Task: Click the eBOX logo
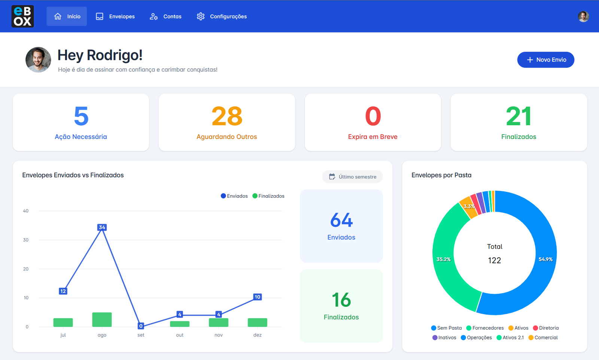(x=22, y=16)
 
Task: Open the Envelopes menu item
(x=115, y=16)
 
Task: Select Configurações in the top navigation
(x=222, y=16)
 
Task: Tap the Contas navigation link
(x=165, y=16)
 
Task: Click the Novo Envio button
(x=545, y=60)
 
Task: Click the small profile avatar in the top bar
(x=583, y=16)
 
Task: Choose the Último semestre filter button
(x=352, y=177)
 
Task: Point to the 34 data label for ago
(x=102, y=227)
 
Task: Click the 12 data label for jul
(x=63, y=291)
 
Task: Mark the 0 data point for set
(x=141, y=326)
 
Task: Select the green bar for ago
(x=102, y=320)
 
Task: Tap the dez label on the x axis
(x=258, y=335)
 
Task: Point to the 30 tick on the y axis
(x=26, y=240)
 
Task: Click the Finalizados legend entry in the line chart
(x=268, y=196)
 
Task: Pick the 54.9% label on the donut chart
(x=545, y=259)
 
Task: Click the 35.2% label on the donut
(x=444, y=259)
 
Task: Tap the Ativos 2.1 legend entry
(x=510, y=338)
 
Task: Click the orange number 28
(x=227, y=116)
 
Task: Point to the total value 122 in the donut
(x=494, y=260)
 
